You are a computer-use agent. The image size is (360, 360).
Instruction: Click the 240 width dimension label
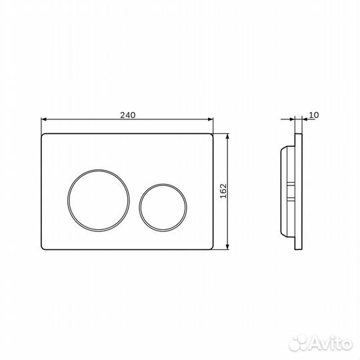[x=128, y=115]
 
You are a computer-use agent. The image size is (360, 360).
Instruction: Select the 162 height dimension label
[x=223, y=191]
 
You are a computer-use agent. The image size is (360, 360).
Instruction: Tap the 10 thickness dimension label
[x=314, y=115]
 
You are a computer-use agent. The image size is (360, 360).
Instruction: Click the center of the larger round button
[x=99, y=201]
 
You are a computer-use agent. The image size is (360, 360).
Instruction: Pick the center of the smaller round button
[x=163, y=207]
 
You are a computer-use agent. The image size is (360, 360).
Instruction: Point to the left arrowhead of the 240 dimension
[x=44, y=119]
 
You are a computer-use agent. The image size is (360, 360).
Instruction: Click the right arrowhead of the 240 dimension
[x=210, y=119]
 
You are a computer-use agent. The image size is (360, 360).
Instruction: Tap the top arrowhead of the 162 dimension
[x=227, y=137]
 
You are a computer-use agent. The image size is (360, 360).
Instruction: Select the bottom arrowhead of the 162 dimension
[x=227, y=247]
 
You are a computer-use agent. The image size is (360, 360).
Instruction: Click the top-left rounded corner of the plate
[x=43, y=135]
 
